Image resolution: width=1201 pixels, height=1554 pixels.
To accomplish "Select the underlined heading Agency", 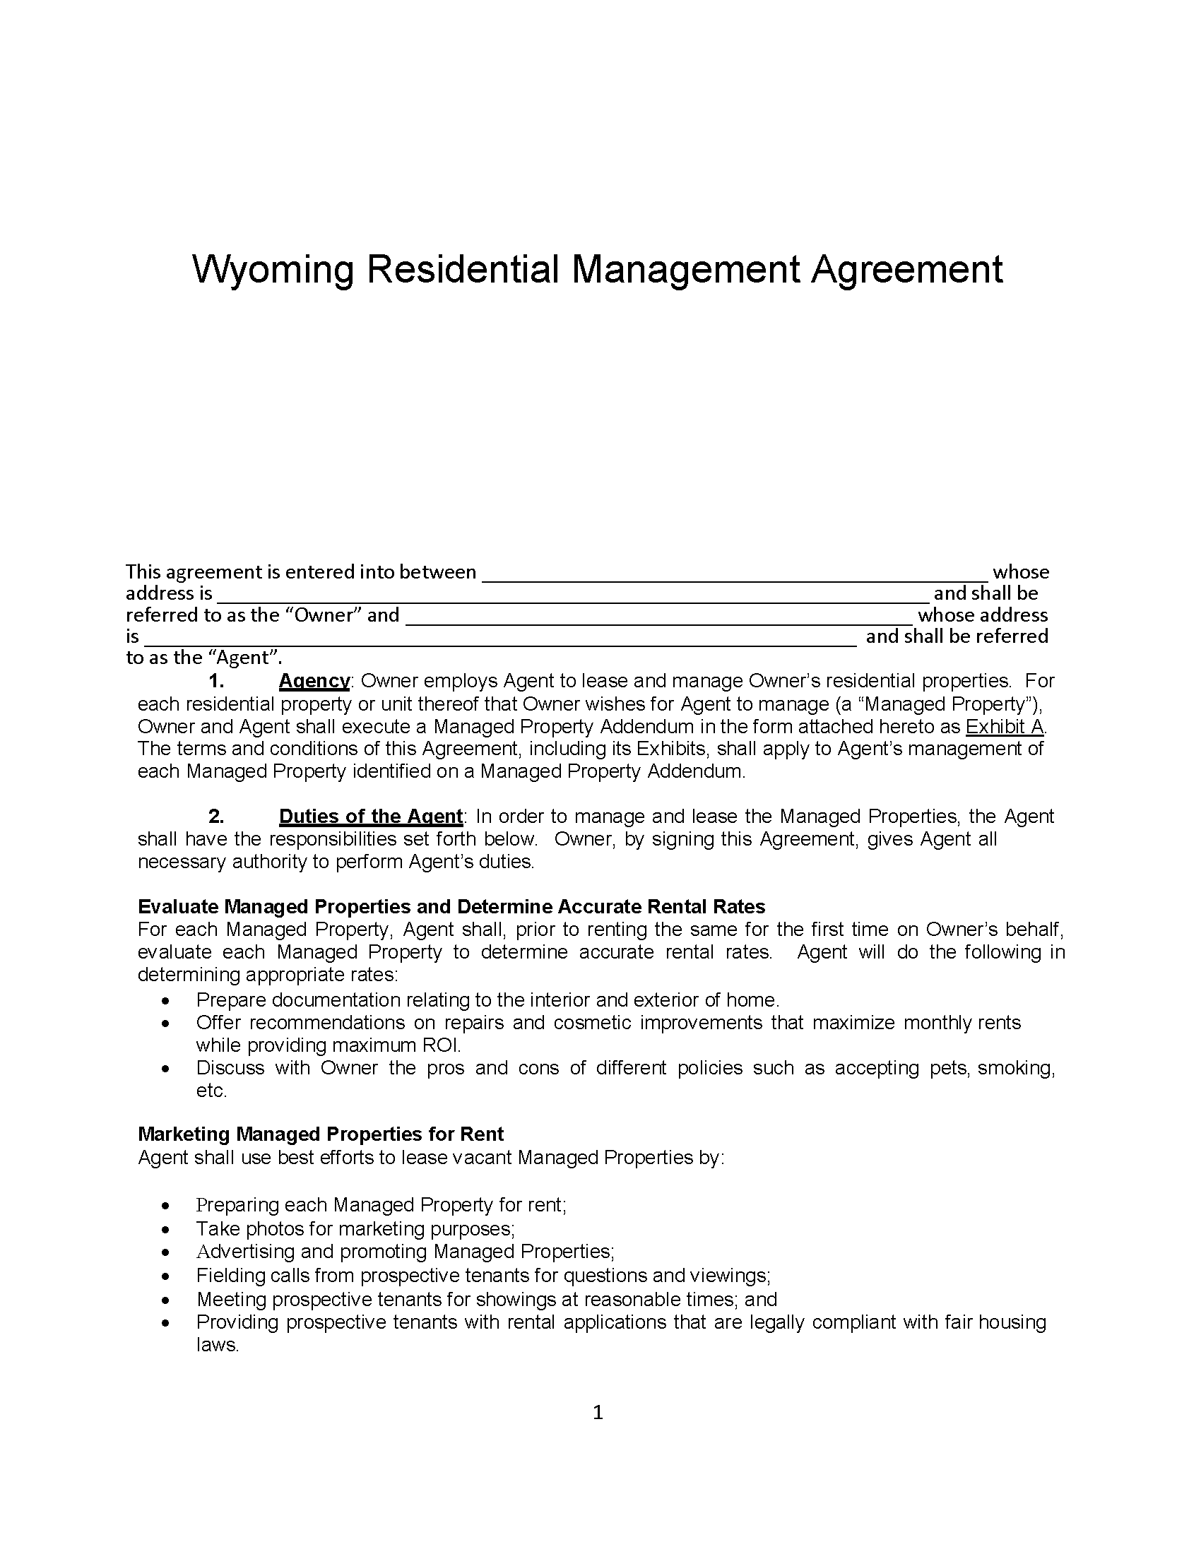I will [x=314, y=681].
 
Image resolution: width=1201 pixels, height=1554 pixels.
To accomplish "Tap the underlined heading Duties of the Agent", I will [x=371, y=816].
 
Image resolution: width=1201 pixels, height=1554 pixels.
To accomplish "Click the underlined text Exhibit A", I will [x=1005, y=726].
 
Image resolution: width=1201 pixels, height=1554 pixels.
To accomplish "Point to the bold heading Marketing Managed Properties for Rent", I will [x=320, y=1134].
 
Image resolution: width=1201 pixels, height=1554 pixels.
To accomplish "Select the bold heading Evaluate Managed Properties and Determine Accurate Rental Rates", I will [x=451, y=906].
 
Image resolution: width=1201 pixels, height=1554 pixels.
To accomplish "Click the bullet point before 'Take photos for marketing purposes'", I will [x=166, y=1230].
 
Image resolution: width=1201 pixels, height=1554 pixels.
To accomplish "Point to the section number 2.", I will [x=216, y=816].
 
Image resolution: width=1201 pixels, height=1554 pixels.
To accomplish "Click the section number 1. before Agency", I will [x=216, y=681].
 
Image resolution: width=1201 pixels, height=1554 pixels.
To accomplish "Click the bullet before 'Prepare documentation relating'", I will [x=166, y=1001].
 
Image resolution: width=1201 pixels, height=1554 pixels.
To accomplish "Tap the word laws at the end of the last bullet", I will [x=216, y=1345].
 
